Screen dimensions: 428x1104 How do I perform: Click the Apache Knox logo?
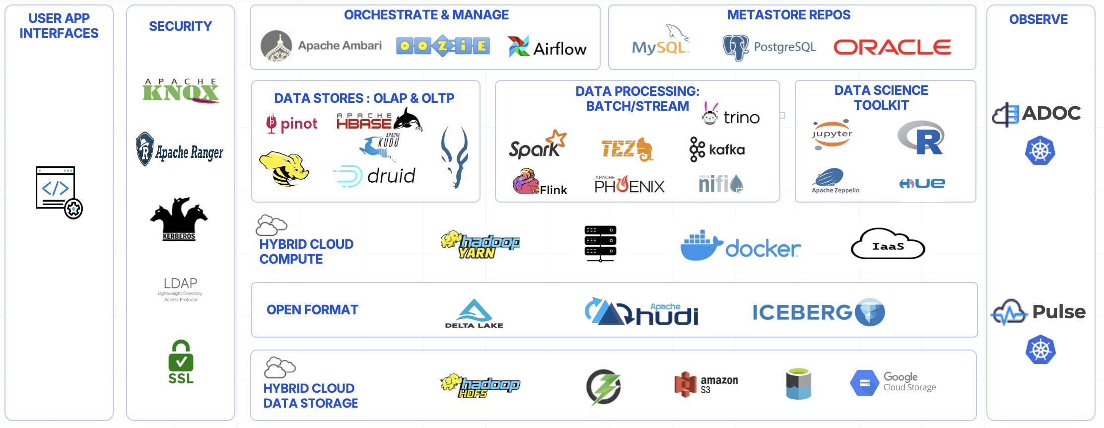[x=180, y=91]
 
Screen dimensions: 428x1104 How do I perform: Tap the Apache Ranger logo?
[x=180, y=150]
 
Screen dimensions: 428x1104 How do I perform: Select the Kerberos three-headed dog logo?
[x=179, y=218]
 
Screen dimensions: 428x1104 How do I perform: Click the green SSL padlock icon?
[x=181, y=362]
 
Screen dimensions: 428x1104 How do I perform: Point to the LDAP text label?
[x=180, y=284]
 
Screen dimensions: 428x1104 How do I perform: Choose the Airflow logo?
[x=547, y=47]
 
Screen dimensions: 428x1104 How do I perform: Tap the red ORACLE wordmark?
[x=892, y=47]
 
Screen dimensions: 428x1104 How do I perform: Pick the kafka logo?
[x=717, y=149]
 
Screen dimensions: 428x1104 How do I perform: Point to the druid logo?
[x=374, y=176]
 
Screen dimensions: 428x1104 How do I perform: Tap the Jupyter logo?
[x=832, y=135]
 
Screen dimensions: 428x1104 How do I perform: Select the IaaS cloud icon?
[x=888, y=244]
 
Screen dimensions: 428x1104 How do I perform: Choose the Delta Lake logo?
[x=474, y=314]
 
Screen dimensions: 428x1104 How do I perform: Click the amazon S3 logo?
[x=706, y=384]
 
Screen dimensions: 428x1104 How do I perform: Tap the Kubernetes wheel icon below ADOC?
[x=1040, y=150]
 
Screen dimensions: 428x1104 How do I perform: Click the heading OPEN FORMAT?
[x=312, y=310]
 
